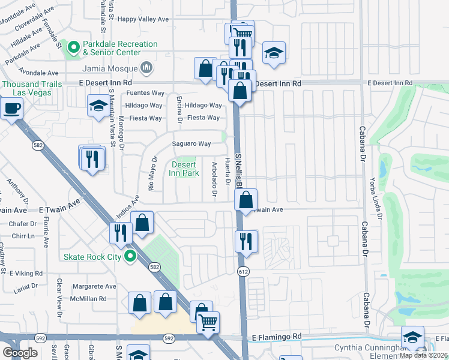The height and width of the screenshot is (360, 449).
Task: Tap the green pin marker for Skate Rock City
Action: pyautogui.click(x=129, y=257)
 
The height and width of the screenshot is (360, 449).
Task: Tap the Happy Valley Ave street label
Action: pyautogui.click(x=143, y=19)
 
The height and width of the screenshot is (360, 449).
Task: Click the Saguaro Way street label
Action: pyautogui.click(x=191, y=144)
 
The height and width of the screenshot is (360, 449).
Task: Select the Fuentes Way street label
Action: pyautogui.click(x=145, y=94)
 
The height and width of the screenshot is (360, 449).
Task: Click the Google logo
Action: pyautogui.click(x=20, y=352)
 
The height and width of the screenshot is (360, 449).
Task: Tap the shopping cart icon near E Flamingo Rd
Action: pyautogui.click(x=208, y=322)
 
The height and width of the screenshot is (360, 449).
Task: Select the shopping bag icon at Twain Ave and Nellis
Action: pyautogui.click(x=246, y=200)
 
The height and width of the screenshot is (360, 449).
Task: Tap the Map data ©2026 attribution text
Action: pyautogui.click(x=424, y=355)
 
